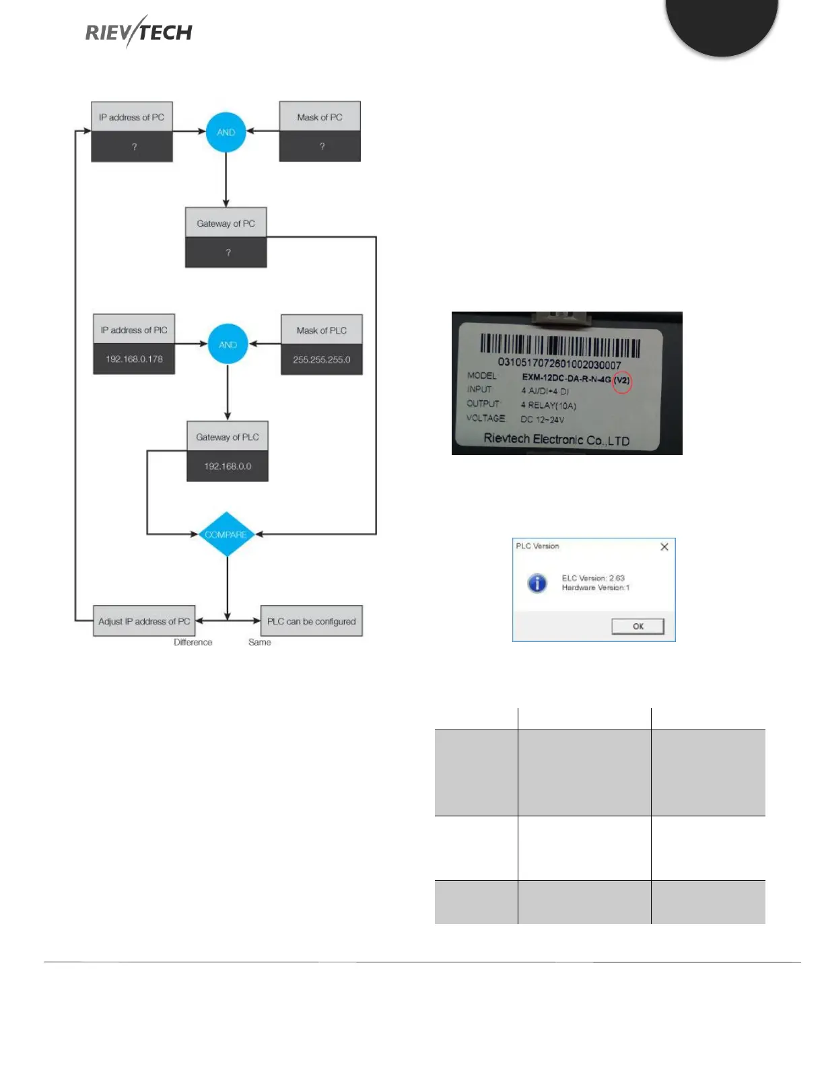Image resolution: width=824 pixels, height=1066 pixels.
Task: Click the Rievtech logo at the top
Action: tap(139, 32)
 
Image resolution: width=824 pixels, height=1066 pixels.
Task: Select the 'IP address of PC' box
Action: tap(132, 131)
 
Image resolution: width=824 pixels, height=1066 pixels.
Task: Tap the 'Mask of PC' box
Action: tap(320, 131)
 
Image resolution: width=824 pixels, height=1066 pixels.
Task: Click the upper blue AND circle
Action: tap(226, 132)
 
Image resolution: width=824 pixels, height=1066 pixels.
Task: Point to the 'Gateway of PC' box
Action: tap(226, 237)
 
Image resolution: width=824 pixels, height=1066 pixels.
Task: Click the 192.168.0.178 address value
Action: tap(134, 359)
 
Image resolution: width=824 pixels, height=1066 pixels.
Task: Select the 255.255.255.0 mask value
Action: tap(322, 360)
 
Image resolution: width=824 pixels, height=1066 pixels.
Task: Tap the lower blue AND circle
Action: tap(228, 345)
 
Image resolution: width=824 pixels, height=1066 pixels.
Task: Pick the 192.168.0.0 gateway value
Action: tap(228, 466)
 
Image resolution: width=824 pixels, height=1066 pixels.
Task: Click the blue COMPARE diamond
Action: tap(227, 534)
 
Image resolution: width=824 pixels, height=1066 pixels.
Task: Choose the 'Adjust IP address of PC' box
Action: tap(144, 621)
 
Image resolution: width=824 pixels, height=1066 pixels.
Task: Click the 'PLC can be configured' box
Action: tap(311, 621)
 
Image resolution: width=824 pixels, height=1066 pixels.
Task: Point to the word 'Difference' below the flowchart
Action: tap(193, 643)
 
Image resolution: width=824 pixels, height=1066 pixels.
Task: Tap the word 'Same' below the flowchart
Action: tap(260, 643)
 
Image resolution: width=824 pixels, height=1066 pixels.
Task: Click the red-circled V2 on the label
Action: tap(622, 381)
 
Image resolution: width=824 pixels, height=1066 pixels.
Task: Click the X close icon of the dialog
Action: tap(664, 546)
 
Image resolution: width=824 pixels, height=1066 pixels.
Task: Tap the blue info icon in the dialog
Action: tap(537, 583)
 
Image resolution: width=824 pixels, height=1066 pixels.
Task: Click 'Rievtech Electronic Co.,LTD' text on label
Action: tap(557, 439)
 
